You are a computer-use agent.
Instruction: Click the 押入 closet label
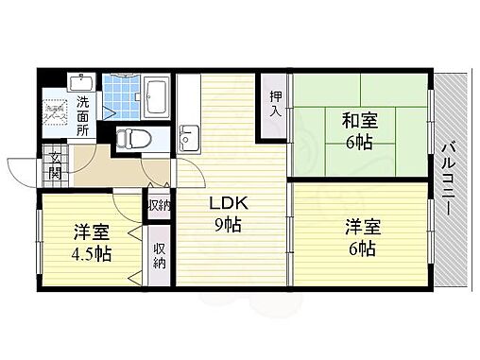[274, 102]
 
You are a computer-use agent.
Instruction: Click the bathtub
[157, 94]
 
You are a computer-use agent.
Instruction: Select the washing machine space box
[56, 113]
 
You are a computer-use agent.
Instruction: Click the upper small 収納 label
[158, 206]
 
